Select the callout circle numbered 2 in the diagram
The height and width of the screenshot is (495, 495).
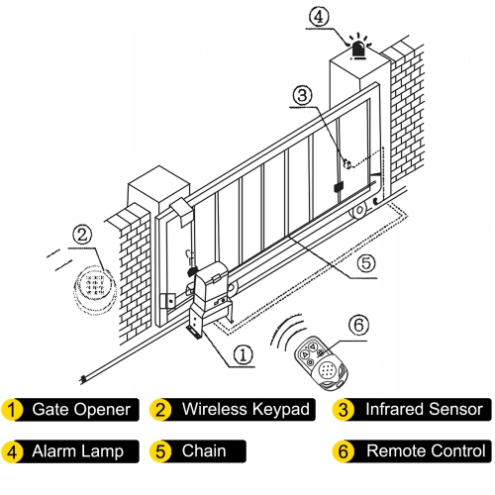click(x=84, y=235)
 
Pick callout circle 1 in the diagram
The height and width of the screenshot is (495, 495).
click(x=241, y=351)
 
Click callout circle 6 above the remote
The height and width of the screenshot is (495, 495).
click(x=359, y=324)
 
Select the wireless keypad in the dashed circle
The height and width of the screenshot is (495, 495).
click(x=95, y=289)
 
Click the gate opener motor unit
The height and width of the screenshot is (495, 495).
click(x=210, y=293)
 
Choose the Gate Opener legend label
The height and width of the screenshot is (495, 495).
click(x=80, y=409)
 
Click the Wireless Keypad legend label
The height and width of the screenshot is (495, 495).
click(x=233, y=409)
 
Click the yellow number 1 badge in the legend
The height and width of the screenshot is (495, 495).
click(x=12, y=409)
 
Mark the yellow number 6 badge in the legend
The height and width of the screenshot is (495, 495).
click(x=344, y=451)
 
